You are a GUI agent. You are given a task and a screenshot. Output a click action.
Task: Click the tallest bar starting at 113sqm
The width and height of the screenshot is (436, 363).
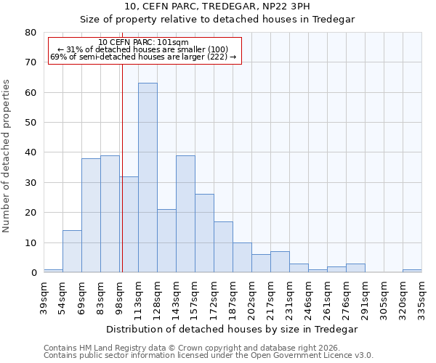pyautogui.click(x=148, y=178)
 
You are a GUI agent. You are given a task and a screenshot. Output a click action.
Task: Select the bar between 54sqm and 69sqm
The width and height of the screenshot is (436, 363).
pyautogui.click(x=72, y=251)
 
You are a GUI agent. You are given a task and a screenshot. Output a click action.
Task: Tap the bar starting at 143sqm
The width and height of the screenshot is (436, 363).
pyautogui.click(x=185, y=214)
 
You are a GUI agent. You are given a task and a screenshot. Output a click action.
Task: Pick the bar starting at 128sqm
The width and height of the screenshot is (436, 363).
pyautogui.click(x=166, y=241)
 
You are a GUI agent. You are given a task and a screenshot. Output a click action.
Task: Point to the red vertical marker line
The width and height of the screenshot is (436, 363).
pyautogui.click(x=122, y=167)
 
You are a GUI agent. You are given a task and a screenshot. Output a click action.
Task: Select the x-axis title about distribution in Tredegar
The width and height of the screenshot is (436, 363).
pyautogui.click(x=232, y=329)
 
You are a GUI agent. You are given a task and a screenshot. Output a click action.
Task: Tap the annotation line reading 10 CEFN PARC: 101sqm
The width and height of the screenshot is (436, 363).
pyautogui.click(x=143, y=43)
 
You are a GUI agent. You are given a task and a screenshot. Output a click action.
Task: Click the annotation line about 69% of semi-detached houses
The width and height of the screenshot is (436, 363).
pyautogui.click(x=143, y=57)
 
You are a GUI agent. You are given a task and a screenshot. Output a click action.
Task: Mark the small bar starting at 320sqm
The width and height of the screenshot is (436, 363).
pyautogui.click(x=412, y=271)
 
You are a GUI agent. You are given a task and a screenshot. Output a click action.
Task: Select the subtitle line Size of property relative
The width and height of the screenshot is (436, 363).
pyautogui.click(x=217, y=19)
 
